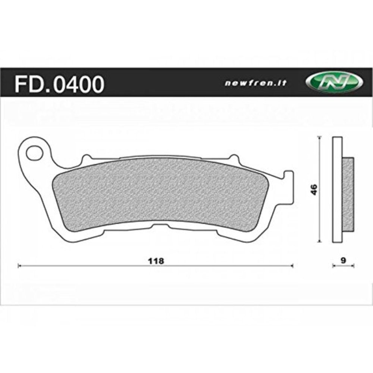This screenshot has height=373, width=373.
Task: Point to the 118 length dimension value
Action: point(156,261)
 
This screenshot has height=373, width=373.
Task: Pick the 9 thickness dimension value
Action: point(342,261)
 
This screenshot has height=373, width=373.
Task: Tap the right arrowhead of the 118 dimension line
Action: point(292,266)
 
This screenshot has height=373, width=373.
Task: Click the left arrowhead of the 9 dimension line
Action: point(334,266)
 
